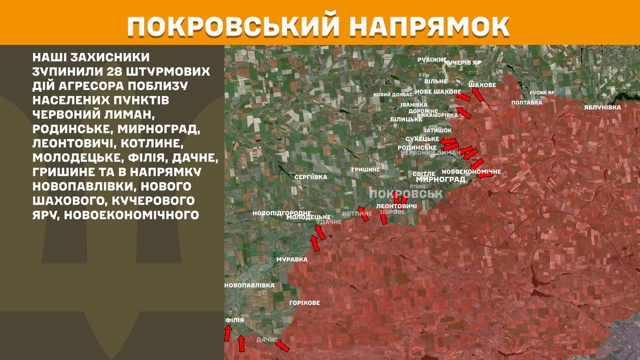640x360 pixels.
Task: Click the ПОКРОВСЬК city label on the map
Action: (406, 194)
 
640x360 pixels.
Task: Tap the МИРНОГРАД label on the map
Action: (440, 180)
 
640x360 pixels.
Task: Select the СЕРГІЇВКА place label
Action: (311, 177)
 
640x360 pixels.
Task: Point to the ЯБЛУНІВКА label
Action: (602, 108)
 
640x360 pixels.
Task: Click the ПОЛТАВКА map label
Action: (526, 103)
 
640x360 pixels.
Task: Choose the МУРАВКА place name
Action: (292, 260)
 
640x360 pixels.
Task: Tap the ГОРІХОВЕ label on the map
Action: (304, 303)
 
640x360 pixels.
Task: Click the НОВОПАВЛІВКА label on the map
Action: (249, 286)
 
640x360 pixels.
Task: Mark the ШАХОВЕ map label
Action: (482, 85)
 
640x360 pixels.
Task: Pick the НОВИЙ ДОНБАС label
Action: (393, 95)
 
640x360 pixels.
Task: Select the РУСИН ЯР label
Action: (542, 93)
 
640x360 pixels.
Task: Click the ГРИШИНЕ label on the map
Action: (365, 170)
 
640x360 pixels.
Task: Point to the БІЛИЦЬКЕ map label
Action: (406, 119)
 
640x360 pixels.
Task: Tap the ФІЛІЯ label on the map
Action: (235, 320)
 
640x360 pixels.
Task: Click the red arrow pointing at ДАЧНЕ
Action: (282, 346)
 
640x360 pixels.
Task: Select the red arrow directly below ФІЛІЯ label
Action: (228, 333)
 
